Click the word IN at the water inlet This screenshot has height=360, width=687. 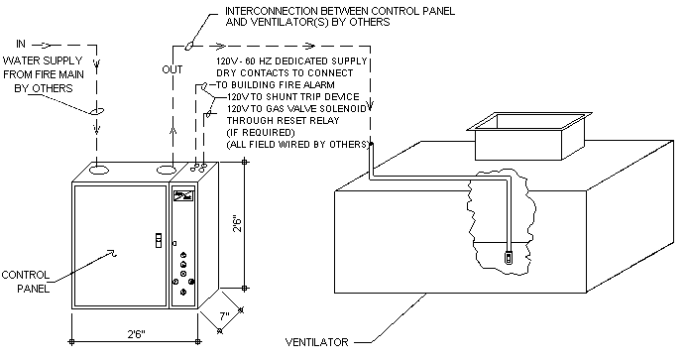[21, 44]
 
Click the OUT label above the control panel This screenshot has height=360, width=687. [172, 69]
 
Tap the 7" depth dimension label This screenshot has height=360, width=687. [224, 315]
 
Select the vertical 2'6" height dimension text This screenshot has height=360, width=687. [237, 223]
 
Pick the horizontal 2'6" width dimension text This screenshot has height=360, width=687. [136, 334]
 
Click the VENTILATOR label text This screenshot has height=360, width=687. [317, 342]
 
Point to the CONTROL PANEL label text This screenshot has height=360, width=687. [26, 282]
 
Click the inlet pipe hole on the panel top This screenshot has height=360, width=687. [99, 170]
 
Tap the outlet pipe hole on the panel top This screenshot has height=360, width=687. [167, 170]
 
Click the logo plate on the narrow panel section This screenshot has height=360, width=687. [183, 195]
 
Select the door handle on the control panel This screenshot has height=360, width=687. [159, 240]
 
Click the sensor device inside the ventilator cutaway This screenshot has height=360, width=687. [509, 257]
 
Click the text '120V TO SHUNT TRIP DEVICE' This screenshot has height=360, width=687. [293, 97]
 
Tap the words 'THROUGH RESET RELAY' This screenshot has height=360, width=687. [283, 121]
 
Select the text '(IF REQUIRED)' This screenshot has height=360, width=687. [261, 133]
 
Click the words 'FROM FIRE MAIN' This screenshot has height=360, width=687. [44, 74]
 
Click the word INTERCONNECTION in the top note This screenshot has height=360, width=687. [272, 11]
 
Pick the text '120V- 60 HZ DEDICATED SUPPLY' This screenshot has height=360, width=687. [291, 60]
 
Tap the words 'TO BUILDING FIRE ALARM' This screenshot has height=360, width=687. [276, 85]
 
